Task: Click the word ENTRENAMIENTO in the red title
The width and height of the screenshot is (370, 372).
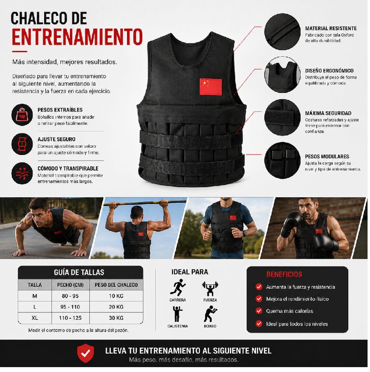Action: [77, 37]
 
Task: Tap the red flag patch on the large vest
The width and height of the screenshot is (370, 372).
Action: [210, 87]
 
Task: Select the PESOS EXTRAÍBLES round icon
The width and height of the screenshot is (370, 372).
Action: [22, 115]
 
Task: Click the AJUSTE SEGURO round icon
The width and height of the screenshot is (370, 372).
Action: [22, 144]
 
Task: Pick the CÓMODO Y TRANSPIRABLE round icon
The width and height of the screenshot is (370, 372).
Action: [22, 173]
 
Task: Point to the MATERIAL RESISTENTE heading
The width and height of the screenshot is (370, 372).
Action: [331, 29]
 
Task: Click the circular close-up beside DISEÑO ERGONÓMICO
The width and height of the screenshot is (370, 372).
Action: [282, 75]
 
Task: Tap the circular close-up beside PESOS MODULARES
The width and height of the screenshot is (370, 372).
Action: [282, 161]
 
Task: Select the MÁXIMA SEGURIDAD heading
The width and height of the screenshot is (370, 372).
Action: [328, 113]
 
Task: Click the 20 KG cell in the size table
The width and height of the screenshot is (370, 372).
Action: [116, 307]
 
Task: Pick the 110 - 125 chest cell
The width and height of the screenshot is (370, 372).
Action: [70, 318]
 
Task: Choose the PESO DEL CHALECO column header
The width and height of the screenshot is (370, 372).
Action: [116, 285]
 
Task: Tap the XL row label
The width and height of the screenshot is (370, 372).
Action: [35, 318]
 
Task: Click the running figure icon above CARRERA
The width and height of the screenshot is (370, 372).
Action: [177, 287]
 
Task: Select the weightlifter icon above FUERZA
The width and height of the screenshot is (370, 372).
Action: [210, 289]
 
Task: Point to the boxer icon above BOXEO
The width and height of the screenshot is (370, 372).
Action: [210, 314]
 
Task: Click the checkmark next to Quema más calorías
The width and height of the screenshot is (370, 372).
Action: [259, 311]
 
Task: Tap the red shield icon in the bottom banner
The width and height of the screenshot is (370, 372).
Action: [85, 353]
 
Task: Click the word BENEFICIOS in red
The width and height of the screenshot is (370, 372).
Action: [284, 275]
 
